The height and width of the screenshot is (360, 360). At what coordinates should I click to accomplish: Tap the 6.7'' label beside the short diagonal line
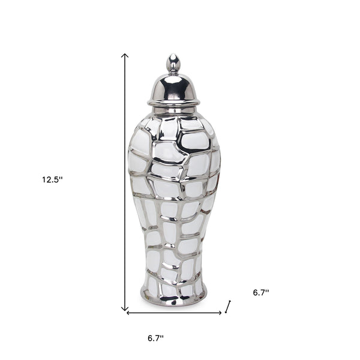point(261,293)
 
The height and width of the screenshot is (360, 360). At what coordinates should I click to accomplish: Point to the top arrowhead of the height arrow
point(125,55)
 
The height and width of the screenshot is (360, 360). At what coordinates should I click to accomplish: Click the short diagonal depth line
point(228,308)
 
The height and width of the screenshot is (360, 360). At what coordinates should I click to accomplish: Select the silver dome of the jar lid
point(173,88)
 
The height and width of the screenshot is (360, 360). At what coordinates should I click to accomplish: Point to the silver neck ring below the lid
point(173,110)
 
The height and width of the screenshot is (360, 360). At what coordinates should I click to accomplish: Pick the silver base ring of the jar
point(173,296)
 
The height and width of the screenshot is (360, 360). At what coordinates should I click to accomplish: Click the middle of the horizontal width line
point(174,313)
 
